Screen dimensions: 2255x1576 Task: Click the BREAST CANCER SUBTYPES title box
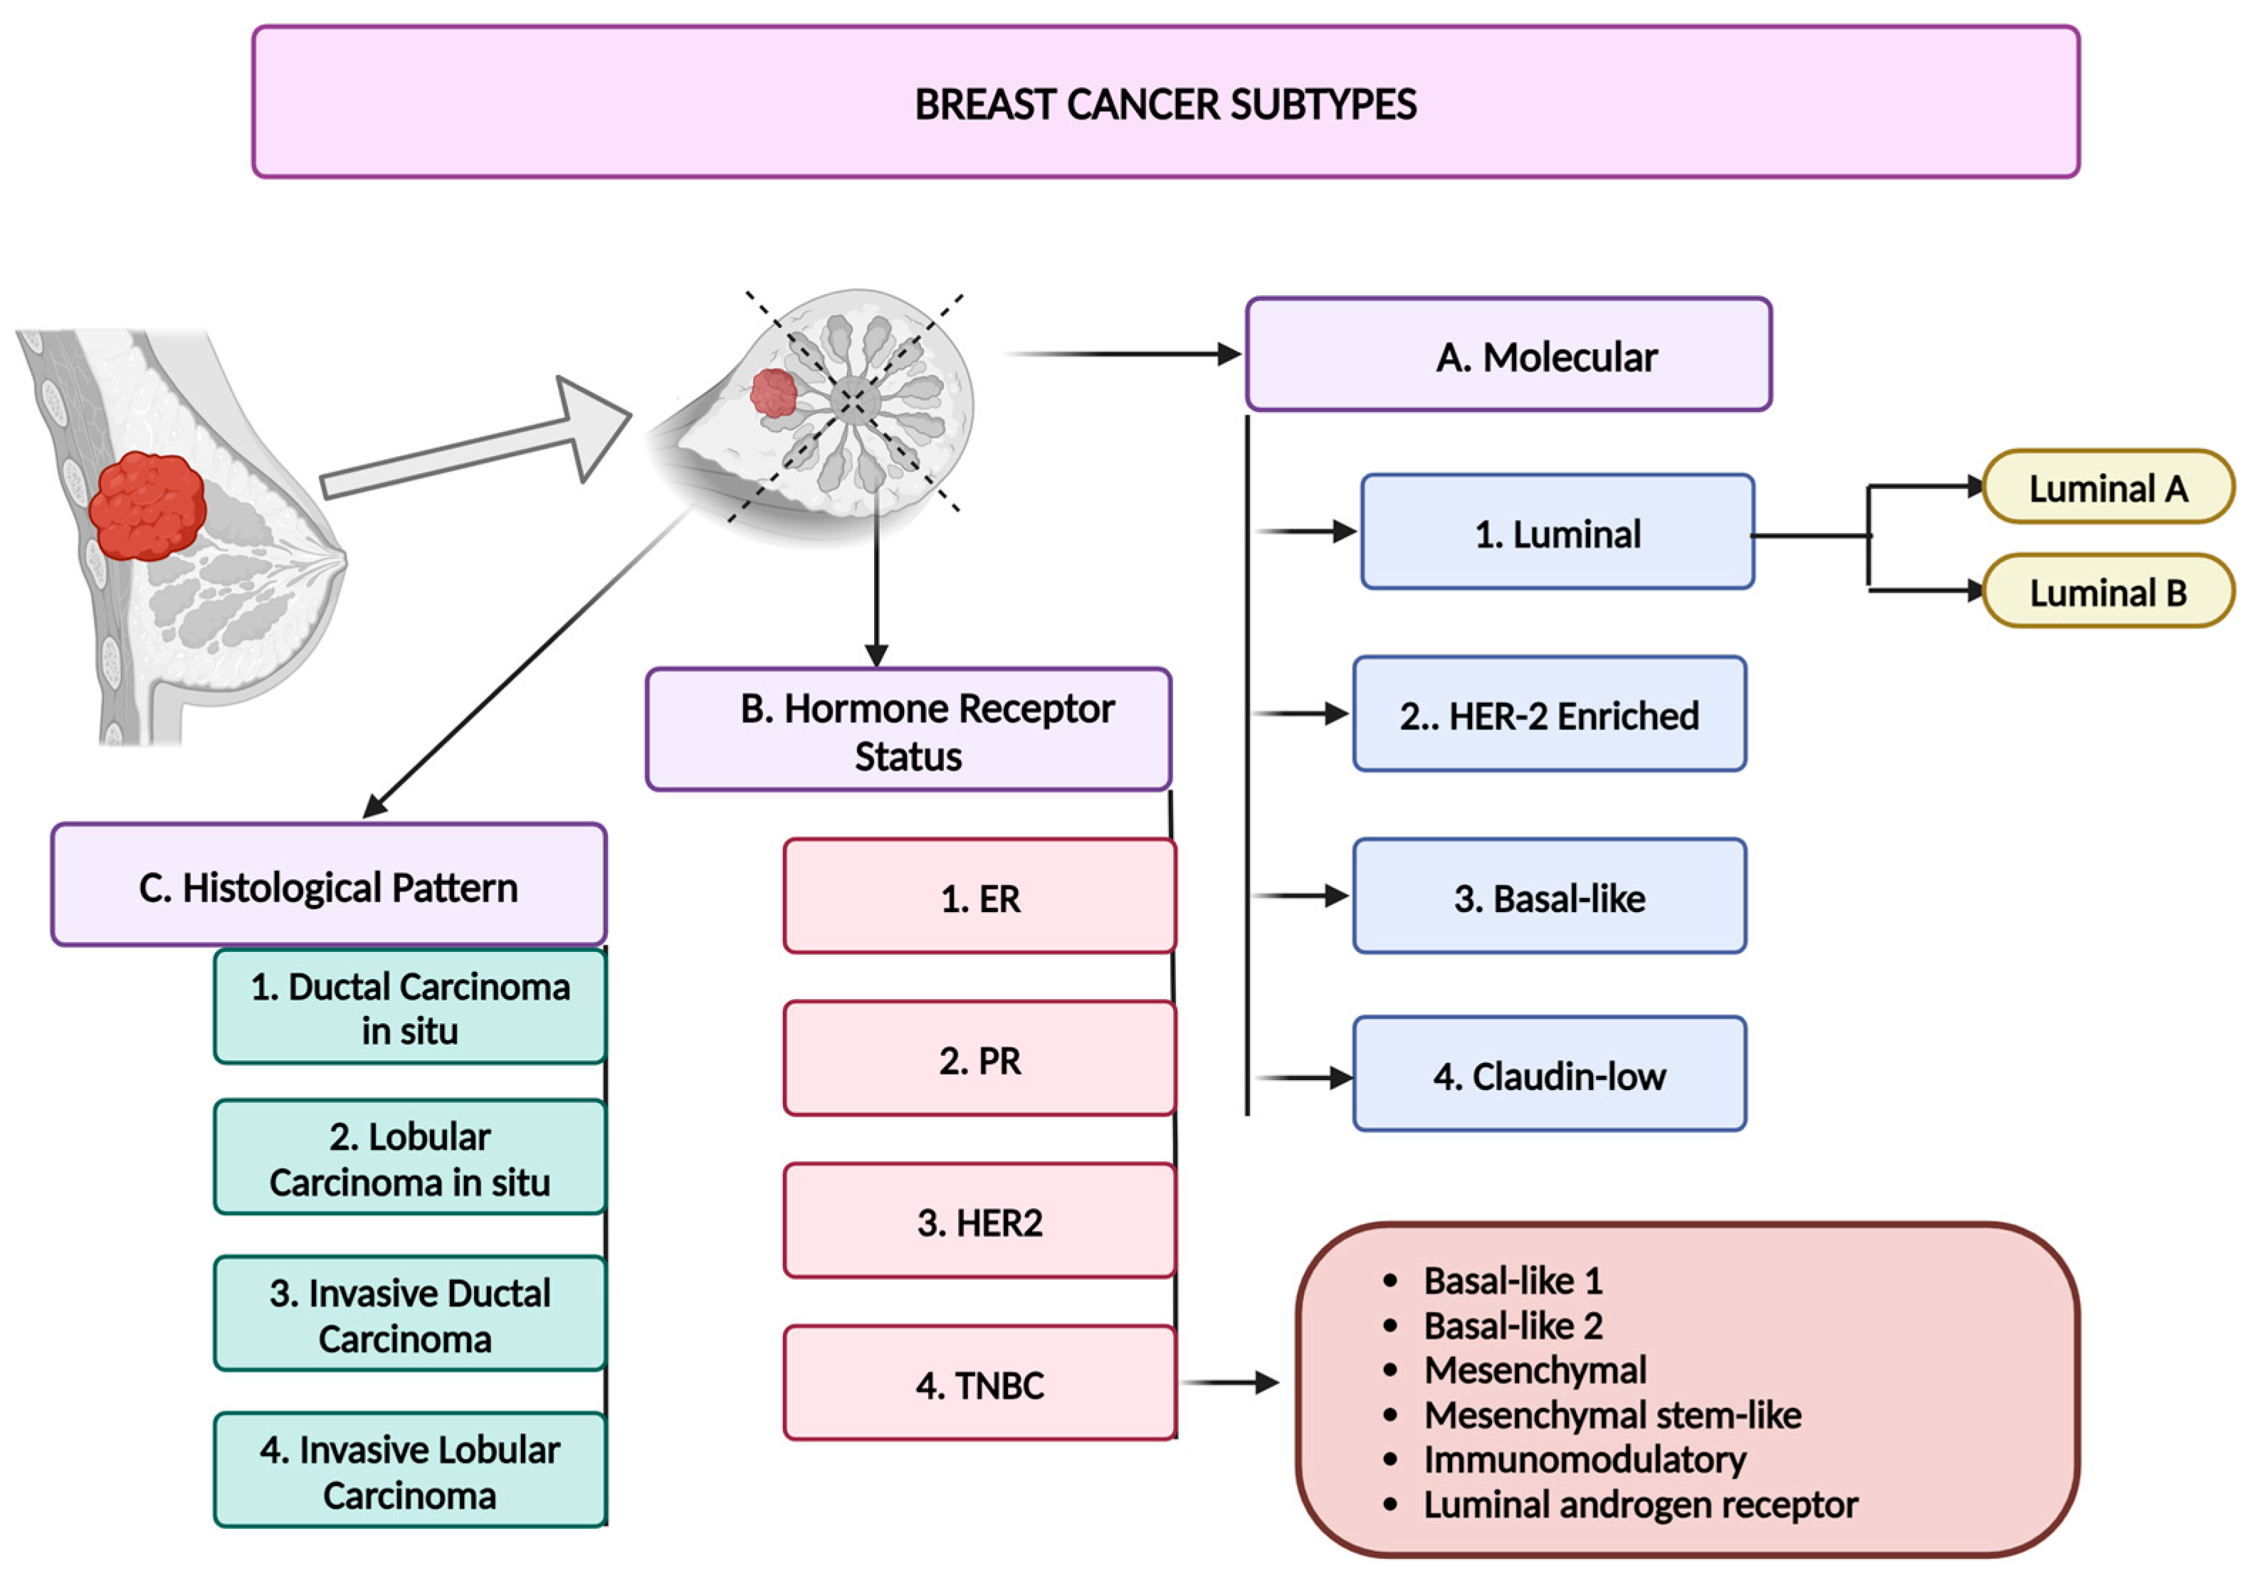[1166, 102]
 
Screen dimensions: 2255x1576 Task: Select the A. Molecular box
[1508, 354]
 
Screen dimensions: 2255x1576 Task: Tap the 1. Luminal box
[1557, 532]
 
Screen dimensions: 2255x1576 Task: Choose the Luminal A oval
[2108, 487]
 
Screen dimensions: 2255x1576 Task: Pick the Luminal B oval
[2108, 591]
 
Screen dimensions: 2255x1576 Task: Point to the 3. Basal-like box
[1550, 896]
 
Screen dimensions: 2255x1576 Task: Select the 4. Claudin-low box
[1550, 1074]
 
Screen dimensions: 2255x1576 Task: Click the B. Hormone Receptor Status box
[908, 729]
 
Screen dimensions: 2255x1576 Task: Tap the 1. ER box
[980, 896]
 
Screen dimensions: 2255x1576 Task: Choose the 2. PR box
[980, 1059]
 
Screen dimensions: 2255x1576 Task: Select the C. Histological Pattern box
[329, 884]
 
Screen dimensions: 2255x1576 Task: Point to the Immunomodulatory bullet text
[1585, 1460]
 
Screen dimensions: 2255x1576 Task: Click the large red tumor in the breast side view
[147, 507]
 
